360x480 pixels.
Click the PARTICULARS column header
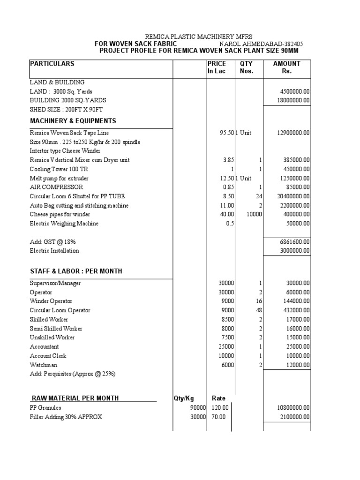52,64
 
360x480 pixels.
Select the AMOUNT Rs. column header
286,67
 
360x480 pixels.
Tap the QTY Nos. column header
247,67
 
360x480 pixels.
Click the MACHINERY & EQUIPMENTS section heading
73,121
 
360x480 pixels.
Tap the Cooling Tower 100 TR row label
59,169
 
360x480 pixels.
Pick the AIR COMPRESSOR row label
57,187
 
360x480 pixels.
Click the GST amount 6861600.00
292,241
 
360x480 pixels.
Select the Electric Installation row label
54,251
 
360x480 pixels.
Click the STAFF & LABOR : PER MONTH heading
76,271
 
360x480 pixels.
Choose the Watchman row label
44,365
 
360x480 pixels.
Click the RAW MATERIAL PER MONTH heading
75,398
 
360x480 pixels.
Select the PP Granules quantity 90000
197,408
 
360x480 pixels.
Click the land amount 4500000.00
292,91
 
